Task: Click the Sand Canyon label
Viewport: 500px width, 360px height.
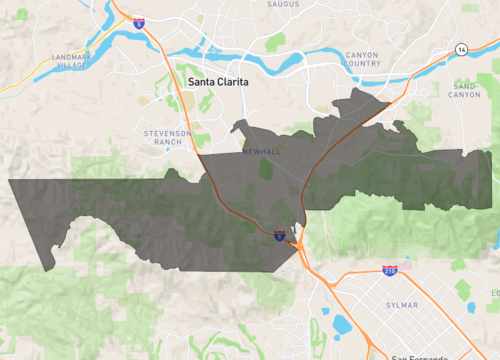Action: point(466,90)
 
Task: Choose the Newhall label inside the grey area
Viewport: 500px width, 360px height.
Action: point(264,151)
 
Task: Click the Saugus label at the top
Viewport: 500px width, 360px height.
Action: point(283,5)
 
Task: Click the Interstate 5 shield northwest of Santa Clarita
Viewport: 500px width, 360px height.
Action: point(139,22)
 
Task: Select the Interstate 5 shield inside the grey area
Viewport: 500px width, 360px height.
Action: point(279,237)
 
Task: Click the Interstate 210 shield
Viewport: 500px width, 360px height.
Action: point(388,271)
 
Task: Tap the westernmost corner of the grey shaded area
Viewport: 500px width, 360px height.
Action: point(9,181)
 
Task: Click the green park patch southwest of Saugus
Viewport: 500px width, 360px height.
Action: point(275,42)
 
